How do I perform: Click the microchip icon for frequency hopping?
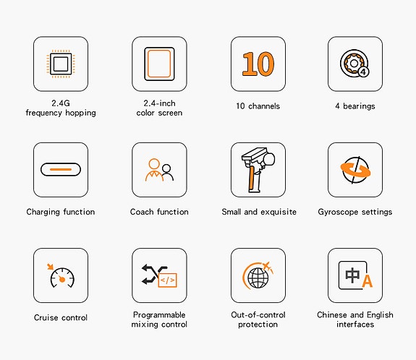point(61,64)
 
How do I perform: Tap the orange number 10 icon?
point(258,64)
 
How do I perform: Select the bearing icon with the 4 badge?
point(355,64)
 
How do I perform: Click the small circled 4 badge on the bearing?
point(363,72)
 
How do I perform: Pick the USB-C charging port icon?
point(61,169)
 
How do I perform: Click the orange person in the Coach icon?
point(154,170)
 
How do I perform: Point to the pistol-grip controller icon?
point(258,170)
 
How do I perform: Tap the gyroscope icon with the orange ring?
point(355,170)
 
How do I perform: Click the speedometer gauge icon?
point(62,278)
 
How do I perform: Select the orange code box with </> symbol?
point(167,280)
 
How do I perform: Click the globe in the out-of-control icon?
point(258,278)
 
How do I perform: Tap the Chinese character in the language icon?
point(352,275)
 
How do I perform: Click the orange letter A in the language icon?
point(368,281)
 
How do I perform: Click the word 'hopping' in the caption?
point(80,113)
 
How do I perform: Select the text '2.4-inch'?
point(159,103)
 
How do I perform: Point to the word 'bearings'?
point(359,106)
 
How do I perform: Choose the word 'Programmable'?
point(159,315)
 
